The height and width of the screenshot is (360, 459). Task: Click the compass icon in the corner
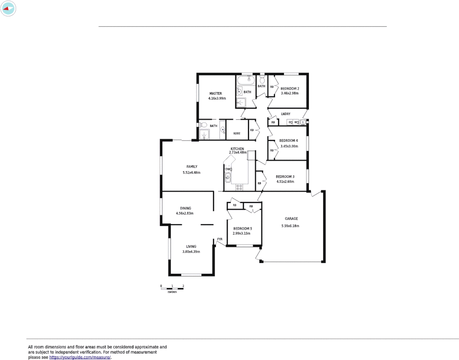[x=8, y=8]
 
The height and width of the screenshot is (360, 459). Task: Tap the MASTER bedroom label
[x=216, y=94]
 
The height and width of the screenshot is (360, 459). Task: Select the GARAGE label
[x=291, y=219]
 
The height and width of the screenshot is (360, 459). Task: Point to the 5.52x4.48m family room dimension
[x=191, y=173]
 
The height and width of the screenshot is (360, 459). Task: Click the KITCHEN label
[x=237, y=149]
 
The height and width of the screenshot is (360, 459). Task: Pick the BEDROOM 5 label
[x=242, y=229]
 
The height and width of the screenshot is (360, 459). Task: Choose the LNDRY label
[x=286, y=114]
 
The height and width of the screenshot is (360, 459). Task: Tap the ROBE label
[x=237, y=133]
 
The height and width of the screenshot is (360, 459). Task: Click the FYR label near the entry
[x=220, y=239]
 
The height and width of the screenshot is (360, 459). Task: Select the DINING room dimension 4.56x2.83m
[x=185, y=213]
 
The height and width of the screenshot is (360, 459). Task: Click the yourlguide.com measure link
[x=80, y=357]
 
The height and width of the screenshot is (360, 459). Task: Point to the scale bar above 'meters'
[x=172, y=289]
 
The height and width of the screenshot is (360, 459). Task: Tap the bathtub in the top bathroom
[x=246, y=80]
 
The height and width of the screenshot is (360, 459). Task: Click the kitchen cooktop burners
[x=239, y=187]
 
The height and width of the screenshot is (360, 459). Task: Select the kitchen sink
[x=228, y=178]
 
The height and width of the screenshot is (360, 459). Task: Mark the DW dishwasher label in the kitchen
[x=228, y=169]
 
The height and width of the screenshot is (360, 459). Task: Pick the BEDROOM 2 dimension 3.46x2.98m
[x=290, y=93]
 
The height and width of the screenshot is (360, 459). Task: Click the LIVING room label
[x=191, y=247]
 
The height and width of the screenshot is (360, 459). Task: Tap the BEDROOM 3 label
[x=285, y=177]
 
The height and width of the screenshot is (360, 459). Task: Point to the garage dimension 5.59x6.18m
[x=290, y=226]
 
